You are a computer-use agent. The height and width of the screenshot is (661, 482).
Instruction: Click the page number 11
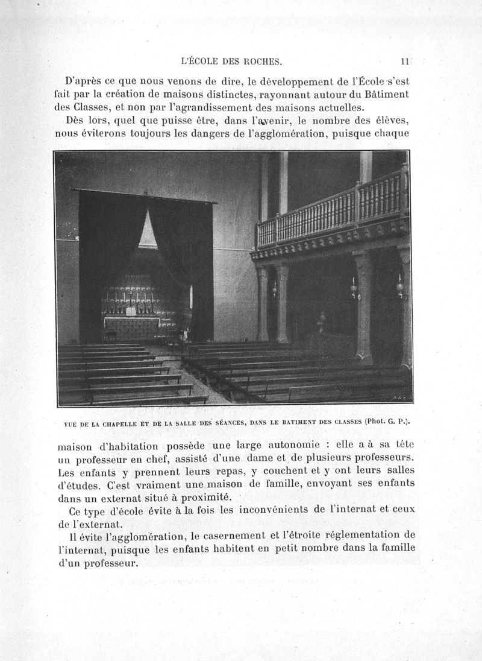[x=405, y=61]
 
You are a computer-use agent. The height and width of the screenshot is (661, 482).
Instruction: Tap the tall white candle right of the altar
[x=191, y=297]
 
